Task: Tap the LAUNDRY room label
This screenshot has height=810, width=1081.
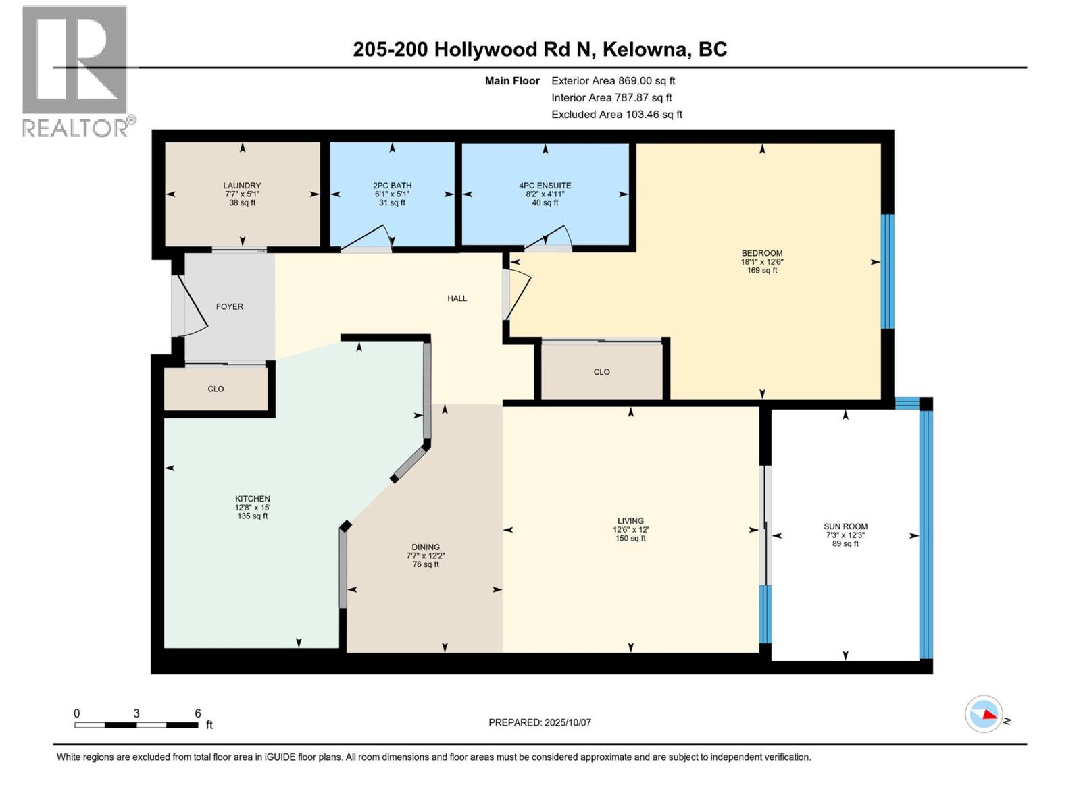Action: (x=242, y=186)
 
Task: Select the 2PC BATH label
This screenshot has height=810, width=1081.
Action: (x=392, y=186)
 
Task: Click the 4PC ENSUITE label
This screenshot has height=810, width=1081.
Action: (x=545, y=186)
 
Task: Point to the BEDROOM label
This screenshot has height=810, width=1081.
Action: (x=761, y=254)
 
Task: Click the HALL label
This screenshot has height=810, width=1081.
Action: (x=457, y=298)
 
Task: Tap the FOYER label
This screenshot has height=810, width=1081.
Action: (x=229, y=306)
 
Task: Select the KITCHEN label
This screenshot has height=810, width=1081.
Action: (x=252, y=500)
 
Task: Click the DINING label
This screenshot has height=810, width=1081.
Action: (x=426, y=547)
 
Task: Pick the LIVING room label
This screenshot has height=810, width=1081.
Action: (x=630, y=521)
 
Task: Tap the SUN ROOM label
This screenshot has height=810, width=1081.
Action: (x=845, y=526)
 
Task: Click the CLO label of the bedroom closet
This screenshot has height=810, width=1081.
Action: (x=601, y=372)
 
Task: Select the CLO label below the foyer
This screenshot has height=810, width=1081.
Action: (x=216, y=389)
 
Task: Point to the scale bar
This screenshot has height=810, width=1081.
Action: (x=136, y=725)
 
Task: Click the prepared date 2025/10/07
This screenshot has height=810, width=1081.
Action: (x=540, y=722)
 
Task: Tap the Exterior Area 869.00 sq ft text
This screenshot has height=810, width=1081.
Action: (x=613, y=81)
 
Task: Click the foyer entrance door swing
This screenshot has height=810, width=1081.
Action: (x=191, y=307)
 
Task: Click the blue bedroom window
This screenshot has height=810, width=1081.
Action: (x=888, y=271)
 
